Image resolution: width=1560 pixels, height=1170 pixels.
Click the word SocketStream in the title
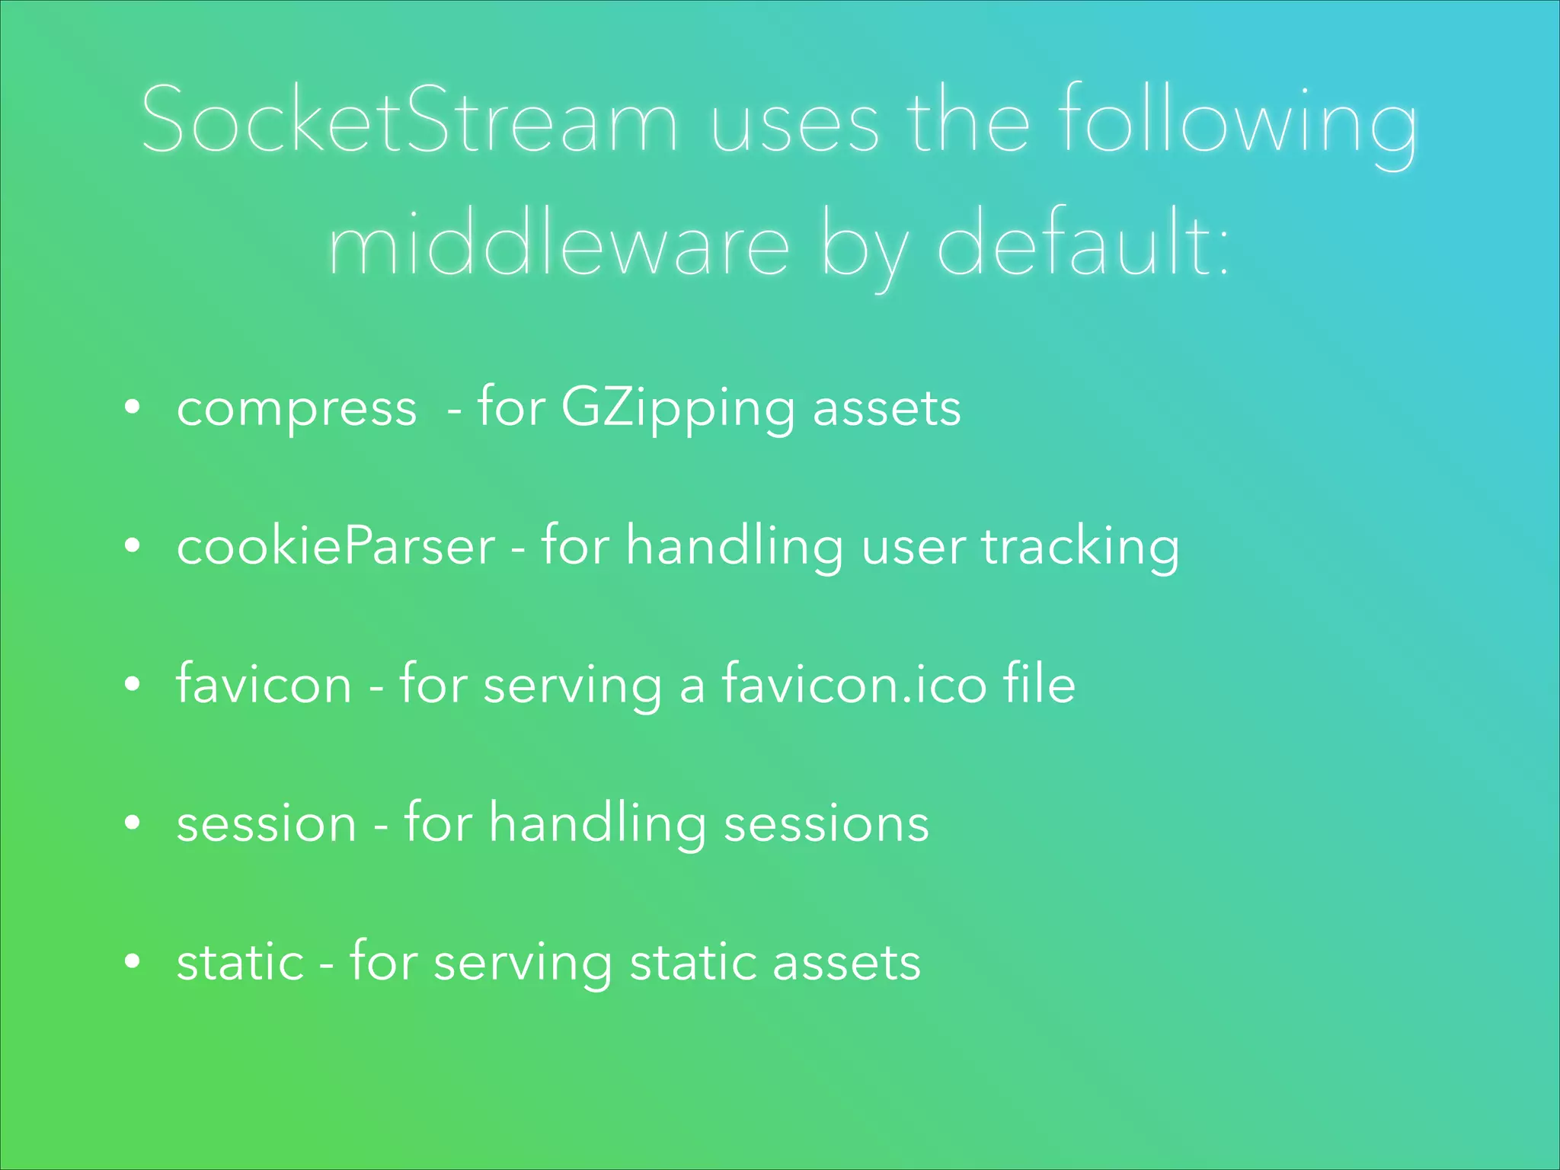409,120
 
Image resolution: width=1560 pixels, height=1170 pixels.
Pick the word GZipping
676,410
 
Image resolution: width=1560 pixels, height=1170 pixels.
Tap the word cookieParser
336,547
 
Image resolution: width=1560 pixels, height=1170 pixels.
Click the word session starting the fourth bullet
267,823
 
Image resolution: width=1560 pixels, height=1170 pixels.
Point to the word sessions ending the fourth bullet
826,823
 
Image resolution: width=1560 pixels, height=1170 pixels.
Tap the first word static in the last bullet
241,962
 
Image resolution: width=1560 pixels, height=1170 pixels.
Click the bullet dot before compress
133,408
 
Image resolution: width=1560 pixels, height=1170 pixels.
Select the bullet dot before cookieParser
133,546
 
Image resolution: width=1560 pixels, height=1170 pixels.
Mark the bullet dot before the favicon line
133,685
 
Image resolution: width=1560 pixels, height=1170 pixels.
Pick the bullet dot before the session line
133,823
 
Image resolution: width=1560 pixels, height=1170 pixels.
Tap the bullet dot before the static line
133,961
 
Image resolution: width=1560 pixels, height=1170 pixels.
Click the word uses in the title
794,122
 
